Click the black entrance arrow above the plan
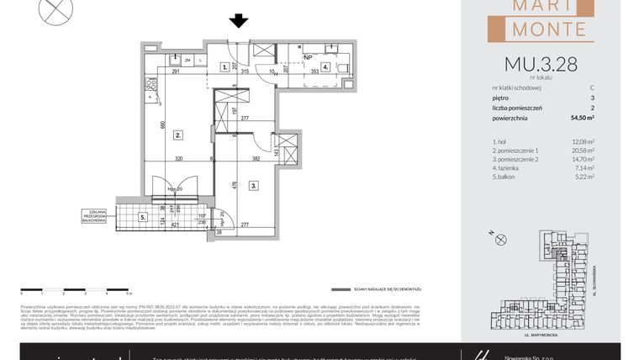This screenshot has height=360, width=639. point(239,21)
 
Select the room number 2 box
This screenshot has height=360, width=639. point(178,135)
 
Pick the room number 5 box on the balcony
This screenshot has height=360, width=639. point(143,217)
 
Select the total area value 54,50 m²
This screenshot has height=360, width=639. point(581,119)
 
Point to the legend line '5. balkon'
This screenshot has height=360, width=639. point(506,177)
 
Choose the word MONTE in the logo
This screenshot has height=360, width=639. point(547,29)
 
